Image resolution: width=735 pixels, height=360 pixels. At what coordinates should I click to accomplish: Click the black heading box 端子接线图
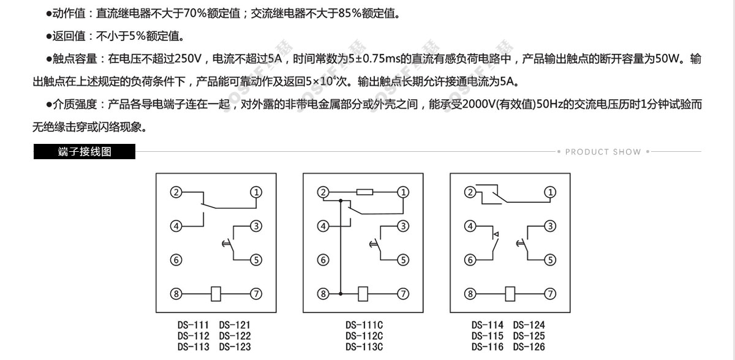(x=85, y=151)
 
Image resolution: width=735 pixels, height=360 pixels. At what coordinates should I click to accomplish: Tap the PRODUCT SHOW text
(x=603, y=152)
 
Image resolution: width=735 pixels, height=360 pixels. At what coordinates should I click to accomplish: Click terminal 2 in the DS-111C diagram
(x=323, y=192)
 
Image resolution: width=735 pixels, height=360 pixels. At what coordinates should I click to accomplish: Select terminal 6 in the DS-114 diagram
(x=470, y=260)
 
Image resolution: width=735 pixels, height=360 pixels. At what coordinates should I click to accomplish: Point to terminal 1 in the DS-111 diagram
(x=256, y=192)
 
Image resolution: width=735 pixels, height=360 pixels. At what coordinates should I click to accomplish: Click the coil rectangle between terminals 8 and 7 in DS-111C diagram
(x=363, y=294)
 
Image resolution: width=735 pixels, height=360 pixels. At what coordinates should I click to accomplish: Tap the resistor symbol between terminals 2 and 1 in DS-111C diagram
(x=364, y=192)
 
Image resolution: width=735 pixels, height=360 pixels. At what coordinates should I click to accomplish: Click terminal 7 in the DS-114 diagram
(x=550, y=294)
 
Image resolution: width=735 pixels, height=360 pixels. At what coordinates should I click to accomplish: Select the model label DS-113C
(x=364, y=347)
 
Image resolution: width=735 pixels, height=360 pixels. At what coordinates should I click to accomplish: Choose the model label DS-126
(x=529, y=347)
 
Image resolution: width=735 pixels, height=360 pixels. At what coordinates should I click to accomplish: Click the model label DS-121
(x=235, y=325)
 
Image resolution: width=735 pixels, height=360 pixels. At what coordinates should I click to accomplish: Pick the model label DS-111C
(x=364, y=325)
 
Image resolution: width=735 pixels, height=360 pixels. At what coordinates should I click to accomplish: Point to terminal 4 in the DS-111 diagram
(x=176, y=227)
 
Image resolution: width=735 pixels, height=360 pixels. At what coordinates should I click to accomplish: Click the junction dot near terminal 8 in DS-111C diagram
(x=341, y=294)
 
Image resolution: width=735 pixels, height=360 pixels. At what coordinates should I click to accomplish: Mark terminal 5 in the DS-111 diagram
(x=256, y=260)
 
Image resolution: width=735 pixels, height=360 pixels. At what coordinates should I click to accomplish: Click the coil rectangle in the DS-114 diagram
(x=510, y=294)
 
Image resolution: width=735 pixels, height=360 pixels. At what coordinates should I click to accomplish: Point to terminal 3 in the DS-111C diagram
(x=403, y=227)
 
